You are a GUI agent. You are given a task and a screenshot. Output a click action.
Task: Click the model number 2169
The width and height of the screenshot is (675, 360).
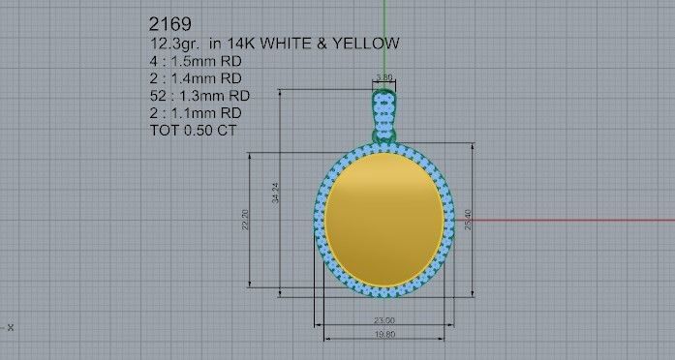pos(169,22)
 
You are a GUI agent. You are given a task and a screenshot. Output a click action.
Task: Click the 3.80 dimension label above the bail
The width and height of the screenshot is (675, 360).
pos(384,76)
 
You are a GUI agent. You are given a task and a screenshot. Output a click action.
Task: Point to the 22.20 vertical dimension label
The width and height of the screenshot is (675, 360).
pos(246,220)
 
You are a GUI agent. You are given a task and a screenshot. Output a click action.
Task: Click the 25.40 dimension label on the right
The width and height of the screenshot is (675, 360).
pos(470,220)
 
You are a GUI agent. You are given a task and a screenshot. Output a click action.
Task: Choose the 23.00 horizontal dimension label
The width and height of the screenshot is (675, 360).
pos(384,320)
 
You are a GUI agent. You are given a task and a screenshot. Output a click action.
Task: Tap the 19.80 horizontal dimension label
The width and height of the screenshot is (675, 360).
pos(384,335)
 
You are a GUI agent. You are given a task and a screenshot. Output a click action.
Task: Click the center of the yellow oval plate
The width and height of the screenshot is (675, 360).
pos(384,220)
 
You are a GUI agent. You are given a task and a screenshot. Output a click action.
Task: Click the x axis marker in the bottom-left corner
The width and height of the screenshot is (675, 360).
pos(11,327)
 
